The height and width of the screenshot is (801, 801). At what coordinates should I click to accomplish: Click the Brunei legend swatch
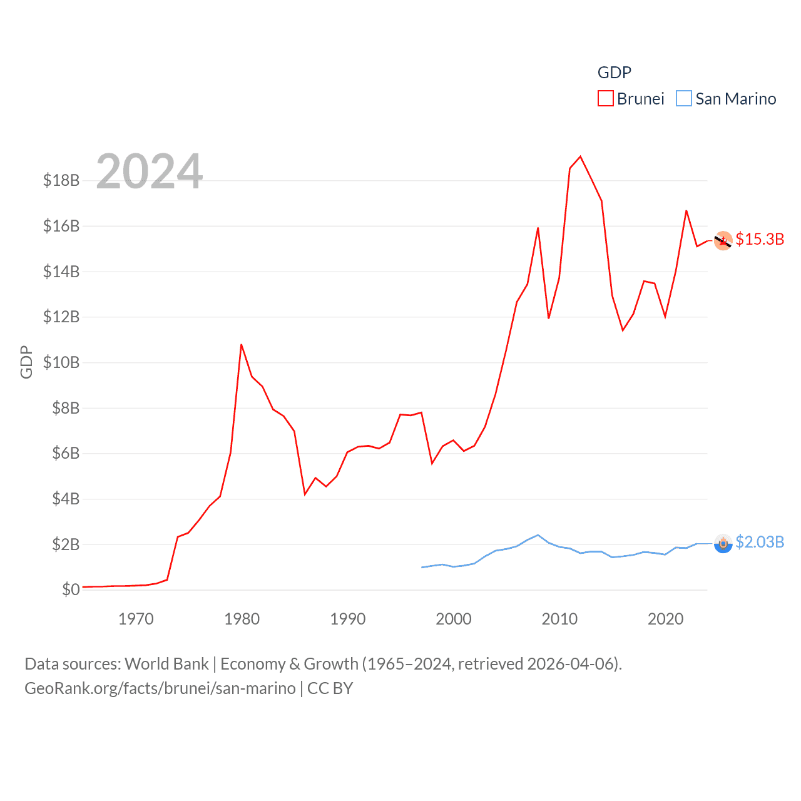(605, 99)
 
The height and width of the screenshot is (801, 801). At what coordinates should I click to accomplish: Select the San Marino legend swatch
(684, 99)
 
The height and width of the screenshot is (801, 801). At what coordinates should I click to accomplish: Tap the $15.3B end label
(760, 239)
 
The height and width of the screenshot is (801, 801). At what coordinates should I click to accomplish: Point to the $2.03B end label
(760, 542)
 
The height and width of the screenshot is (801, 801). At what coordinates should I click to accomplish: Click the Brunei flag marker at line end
(723, 240)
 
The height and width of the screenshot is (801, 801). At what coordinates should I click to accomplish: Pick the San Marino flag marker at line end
(723, 543)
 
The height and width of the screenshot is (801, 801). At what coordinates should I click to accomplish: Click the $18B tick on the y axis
(61, 180)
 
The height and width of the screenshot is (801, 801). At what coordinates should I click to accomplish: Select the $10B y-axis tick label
(61, 362)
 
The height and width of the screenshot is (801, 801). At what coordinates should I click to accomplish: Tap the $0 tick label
(71, 589)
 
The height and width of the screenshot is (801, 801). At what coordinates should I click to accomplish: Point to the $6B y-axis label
(65, 453)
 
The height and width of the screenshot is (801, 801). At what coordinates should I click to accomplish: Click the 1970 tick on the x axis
(136, 619)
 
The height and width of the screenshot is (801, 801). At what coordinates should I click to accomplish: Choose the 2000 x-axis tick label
(454, 619)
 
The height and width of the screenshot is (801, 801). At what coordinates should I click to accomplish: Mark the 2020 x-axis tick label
(665, 619)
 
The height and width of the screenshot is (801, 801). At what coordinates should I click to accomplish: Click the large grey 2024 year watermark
(150, 171)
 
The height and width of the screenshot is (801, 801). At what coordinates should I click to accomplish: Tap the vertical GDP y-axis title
(26, 362)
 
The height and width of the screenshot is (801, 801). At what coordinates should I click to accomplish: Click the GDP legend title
(614, 73)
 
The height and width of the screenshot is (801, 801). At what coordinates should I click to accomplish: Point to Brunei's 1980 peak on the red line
(242, 344)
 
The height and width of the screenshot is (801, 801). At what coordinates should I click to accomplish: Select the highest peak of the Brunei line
(581, 156)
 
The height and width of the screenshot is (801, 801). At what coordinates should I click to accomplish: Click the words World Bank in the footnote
(166, 664)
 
